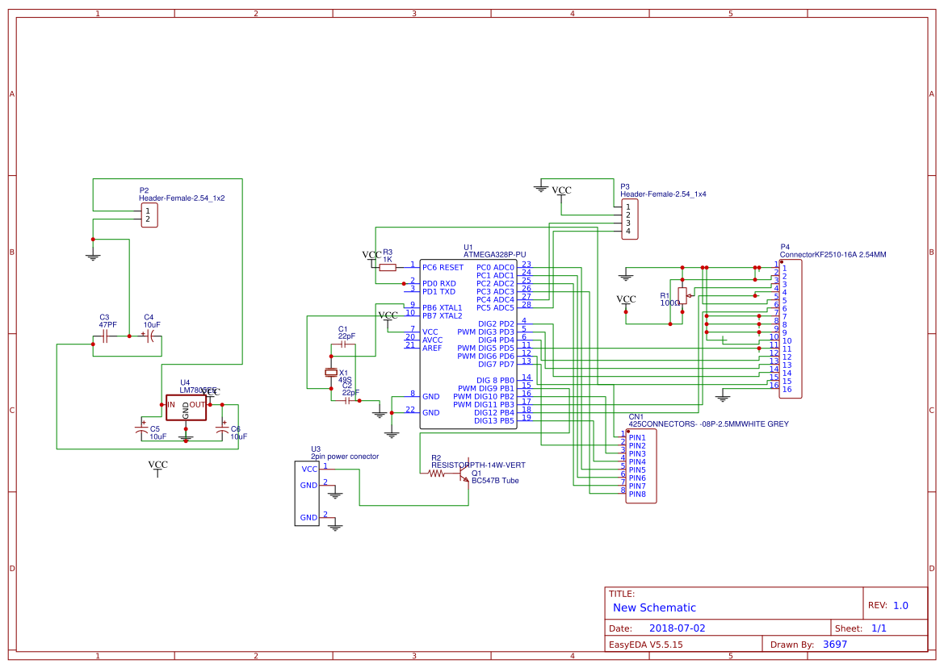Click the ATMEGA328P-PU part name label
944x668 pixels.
[x=494, y=254]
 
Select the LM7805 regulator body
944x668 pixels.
[x=186, y=406]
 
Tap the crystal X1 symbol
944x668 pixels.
[x=329, y=372]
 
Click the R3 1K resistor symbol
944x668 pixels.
[x=388, y=267]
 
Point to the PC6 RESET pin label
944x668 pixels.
[x=443, y=267]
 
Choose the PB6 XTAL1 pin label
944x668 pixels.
[x=442, y=307]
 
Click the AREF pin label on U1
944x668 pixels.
[x=432, y=348]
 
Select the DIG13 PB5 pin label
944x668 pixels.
[x=494, y=420]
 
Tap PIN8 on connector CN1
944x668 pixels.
[x=637, y=494]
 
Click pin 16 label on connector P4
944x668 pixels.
[x=787, y=390]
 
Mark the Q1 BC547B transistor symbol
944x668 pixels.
[x=465, y=476]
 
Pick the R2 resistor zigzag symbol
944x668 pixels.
[x=437, y=474]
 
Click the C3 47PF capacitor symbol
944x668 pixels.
[x=105, y=334]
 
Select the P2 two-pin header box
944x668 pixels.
[x=149, y=215]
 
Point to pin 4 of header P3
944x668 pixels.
[x=627, y=232]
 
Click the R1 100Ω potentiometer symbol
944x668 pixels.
[x=682, y=296]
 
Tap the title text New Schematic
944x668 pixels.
[x=654, y=607]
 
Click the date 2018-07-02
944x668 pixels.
[x=677, y=628]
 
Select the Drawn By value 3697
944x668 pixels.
[x=835, y=644]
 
